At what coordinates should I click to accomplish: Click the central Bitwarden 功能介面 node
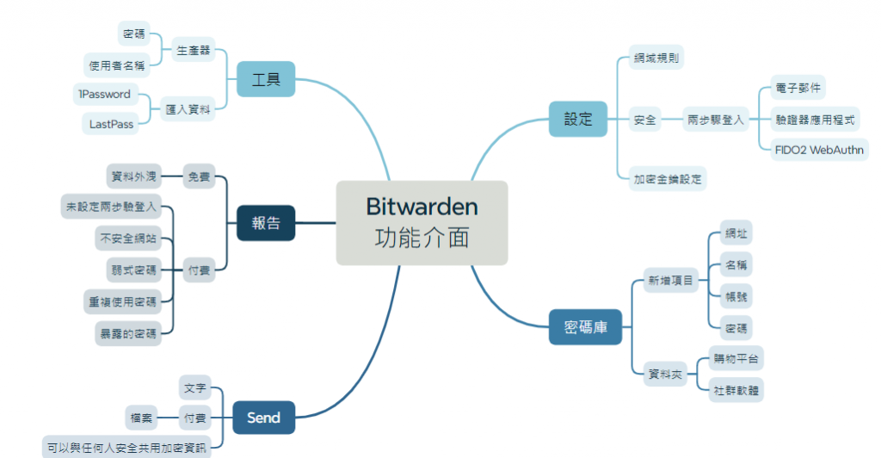pyautogui.click(x=422, y=222)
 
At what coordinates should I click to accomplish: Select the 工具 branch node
pyautogui.click(x=266, y=80)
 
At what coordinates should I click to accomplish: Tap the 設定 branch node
pyautogui.click(x=578, y=119)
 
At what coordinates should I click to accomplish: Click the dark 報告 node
pyautogui.click(x=266, y=223)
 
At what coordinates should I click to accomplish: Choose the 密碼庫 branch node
pyautogui.click(x=585, y=327)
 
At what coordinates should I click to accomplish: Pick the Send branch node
pyautogui.click(x=263, y=418)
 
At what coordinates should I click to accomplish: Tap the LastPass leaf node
pyautogui.click(x=111, y=124)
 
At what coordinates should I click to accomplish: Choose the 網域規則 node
pyautogui.click(x=656, y=59)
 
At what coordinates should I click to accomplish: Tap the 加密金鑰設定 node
pyautogui.click(x=668, y=179)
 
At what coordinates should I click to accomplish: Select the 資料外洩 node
pyautogui.click(x=133, y=176)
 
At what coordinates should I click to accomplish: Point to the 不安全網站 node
pyautogui.click(x=127, y=238)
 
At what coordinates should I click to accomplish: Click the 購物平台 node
pyautogui.click(x=737, y=358)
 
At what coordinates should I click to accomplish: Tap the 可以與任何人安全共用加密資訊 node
pyautogui.click(x=127, y=447)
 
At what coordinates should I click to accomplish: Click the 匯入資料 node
pyautogui.click(x=188, y=109)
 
